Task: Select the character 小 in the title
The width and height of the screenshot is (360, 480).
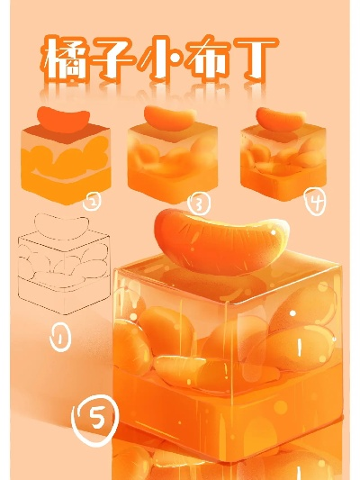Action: (160, 59)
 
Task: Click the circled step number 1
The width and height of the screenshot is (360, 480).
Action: (60, 338)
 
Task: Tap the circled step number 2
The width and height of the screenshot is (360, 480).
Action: (92, 202)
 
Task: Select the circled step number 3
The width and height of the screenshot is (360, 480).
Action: (199, 204)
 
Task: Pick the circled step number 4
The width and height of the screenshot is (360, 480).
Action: (315, 202)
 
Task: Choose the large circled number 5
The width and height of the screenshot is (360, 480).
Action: (94, 420)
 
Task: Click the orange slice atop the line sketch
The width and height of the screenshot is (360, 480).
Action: (61, 226)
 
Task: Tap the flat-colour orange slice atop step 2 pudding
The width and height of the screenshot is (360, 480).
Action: (64, 120)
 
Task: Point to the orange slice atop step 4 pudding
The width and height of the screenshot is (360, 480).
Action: (281, 120)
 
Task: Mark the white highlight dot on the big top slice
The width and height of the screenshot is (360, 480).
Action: (273, 233)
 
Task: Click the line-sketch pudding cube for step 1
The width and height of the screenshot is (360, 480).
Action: (64, 273)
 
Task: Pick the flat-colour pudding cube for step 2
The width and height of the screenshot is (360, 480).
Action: (66, 164)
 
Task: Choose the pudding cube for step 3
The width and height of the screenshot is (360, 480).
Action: (173, 163)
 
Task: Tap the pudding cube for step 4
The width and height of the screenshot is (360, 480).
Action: (283, 163)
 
